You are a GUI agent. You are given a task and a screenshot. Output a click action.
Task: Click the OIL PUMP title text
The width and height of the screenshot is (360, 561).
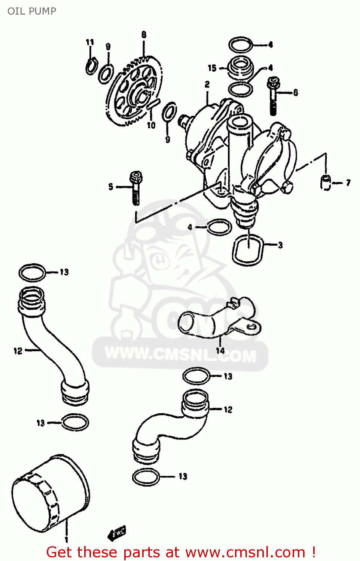(32, 11)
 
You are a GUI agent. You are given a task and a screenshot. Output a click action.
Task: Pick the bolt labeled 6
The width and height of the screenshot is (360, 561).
(274, 95)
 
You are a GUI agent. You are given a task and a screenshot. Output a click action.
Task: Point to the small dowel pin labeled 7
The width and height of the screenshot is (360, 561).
(326, 183)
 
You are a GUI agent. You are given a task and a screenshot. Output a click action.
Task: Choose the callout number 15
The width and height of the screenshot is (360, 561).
(212, 68)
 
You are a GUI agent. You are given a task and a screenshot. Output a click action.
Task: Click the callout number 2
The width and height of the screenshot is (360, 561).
(207, 85)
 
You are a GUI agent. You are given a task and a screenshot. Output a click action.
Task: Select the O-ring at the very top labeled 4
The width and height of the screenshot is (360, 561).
(240, 45)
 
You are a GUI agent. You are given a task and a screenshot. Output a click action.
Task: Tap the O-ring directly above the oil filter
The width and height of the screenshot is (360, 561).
(75, 423)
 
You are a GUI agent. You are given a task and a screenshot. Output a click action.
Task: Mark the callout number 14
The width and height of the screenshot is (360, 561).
(220, 350)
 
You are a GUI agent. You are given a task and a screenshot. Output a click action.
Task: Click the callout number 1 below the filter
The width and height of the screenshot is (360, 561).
(66, 540)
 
